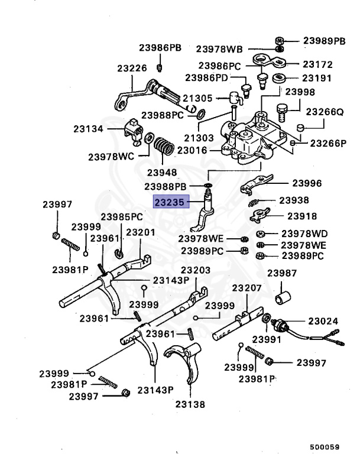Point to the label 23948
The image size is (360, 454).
tap(162, 173)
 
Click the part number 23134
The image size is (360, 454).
tap(87, 128)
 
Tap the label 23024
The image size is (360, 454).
tap(323, 321)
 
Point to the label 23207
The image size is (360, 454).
tap(247, 288)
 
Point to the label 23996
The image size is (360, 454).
tap(307, 183)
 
